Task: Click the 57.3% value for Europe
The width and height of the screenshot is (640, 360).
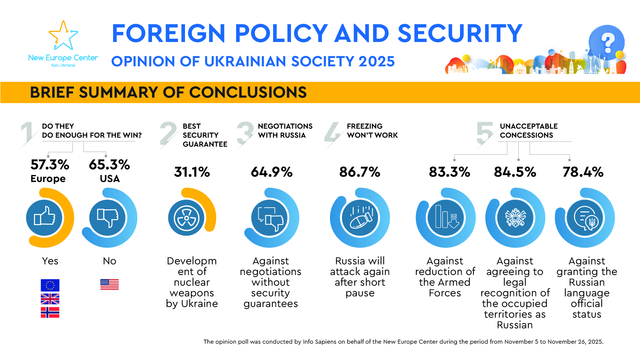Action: [50, 165]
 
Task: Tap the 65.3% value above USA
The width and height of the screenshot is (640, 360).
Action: [109, 165]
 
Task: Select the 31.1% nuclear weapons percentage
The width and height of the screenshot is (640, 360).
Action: [192, 172]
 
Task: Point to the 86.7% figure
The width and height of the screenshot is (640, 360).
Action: [360, 172]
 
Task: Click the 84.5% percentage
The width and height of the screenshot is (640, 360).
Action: [515, 172]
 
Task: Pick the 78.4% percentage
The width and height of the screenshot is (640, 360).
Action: [583, 172]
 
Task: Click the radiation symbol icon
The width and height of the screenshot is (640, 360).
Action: [186, 218]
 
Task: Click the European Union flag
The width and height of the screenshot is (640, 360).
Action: [50, 285]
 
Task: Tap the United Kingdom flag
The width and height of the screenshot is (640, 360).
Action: [50, 299]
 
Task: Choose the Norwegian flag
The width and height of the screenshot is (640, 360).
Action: [50, 312]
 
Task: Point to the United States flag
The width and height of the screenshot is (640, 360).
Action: [110, 284]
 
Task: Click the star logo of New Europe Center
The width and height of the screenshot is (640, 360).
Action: [63, 36]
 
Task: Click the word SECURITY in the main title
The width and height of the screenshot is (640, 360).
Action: [460, 33]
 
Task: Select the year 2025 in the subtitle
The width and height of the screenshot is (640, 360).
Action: [377, 61]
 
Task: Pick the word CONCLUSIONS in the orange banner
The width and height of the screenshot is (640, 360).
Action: [248, 92]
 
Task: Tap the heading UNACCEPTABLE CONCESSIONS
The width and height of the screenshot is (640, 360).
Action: [528, 131]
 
